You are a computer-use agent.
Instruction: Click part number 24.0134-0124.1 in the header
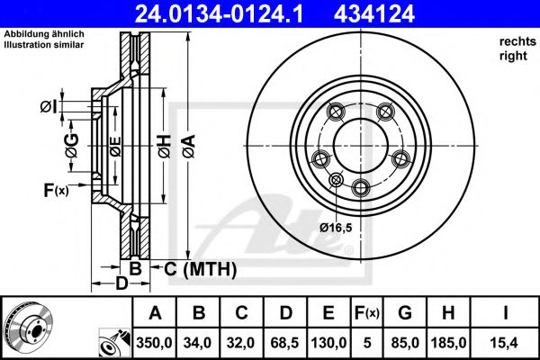(219, 14)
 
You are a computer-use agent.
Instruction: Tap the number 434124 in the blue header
(374, 14)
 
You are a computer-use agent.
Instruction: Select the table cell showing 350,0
(154, 343)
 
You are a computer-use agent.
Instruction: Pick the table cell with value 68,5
(284, 343)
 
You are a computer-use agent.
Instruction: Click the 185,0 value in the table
(448, 343)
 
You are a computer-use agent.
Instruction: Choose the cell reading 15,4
(505, 343)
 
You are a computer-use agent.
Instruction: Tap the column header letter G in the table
(405, 313)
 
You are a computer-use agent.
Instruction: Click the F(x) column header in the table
(367, 313)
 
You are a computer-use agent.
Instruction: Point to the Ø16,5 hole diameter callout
(336, 228)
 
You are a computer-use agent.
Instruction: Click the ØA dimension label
(189, 147)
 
